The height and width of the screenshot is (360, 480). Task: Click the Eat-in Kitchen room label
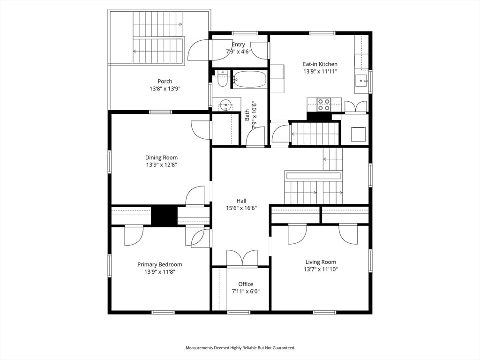click(320, 64)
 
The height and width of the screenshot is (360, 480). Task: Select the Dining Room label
click(161, 158)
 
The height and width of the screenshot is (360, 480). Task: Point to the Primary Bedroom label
click(159, 264)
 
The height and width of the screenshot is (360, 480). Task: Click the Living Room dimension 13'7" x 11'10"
click(321, 269)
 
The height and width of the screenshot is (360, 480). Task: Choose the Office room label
click(245, 284)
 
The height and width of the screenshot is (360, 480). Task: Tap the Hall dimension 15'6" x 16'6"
click(241, 208)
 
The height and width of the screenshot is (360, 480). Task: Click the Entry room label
click(238, 45)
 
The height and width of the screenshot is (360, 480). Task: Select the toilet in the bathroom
click(222, 79)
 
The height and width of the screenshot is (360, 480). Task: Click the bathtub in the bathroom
click(249, 79)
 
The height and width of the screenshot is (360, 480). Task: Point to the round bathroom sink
click(225, 105)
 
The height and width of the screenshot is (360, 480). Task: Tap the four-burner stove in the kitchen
click(323, 104)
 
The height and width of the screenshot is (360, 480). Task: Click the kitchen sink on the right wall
click(361, 81)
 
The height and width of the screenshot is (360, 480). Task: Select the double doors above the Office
click(242, 258)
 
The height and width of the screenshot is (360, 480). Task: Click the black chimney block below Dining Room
click(164, 216)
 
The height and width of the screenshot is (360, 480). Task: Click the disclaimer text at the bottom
click(240, 348)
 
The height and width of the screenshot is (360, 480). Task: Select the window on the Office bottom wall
click(238, 312)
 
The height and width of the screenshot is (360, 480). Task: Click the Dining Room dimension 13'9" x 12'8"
click(161, 165)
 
